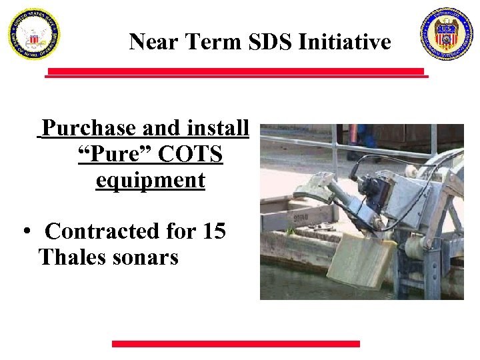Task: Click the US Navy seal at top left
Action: pos(33,34)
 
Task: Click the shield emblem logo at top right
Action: pos(446,34)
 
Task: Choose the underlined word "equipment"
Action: pos(150,180)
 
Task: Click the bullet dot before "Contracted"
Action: pos(26,232)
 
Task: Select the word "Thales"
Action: pos(69,257)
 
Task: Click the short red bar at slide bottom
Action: pos(235,344)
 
